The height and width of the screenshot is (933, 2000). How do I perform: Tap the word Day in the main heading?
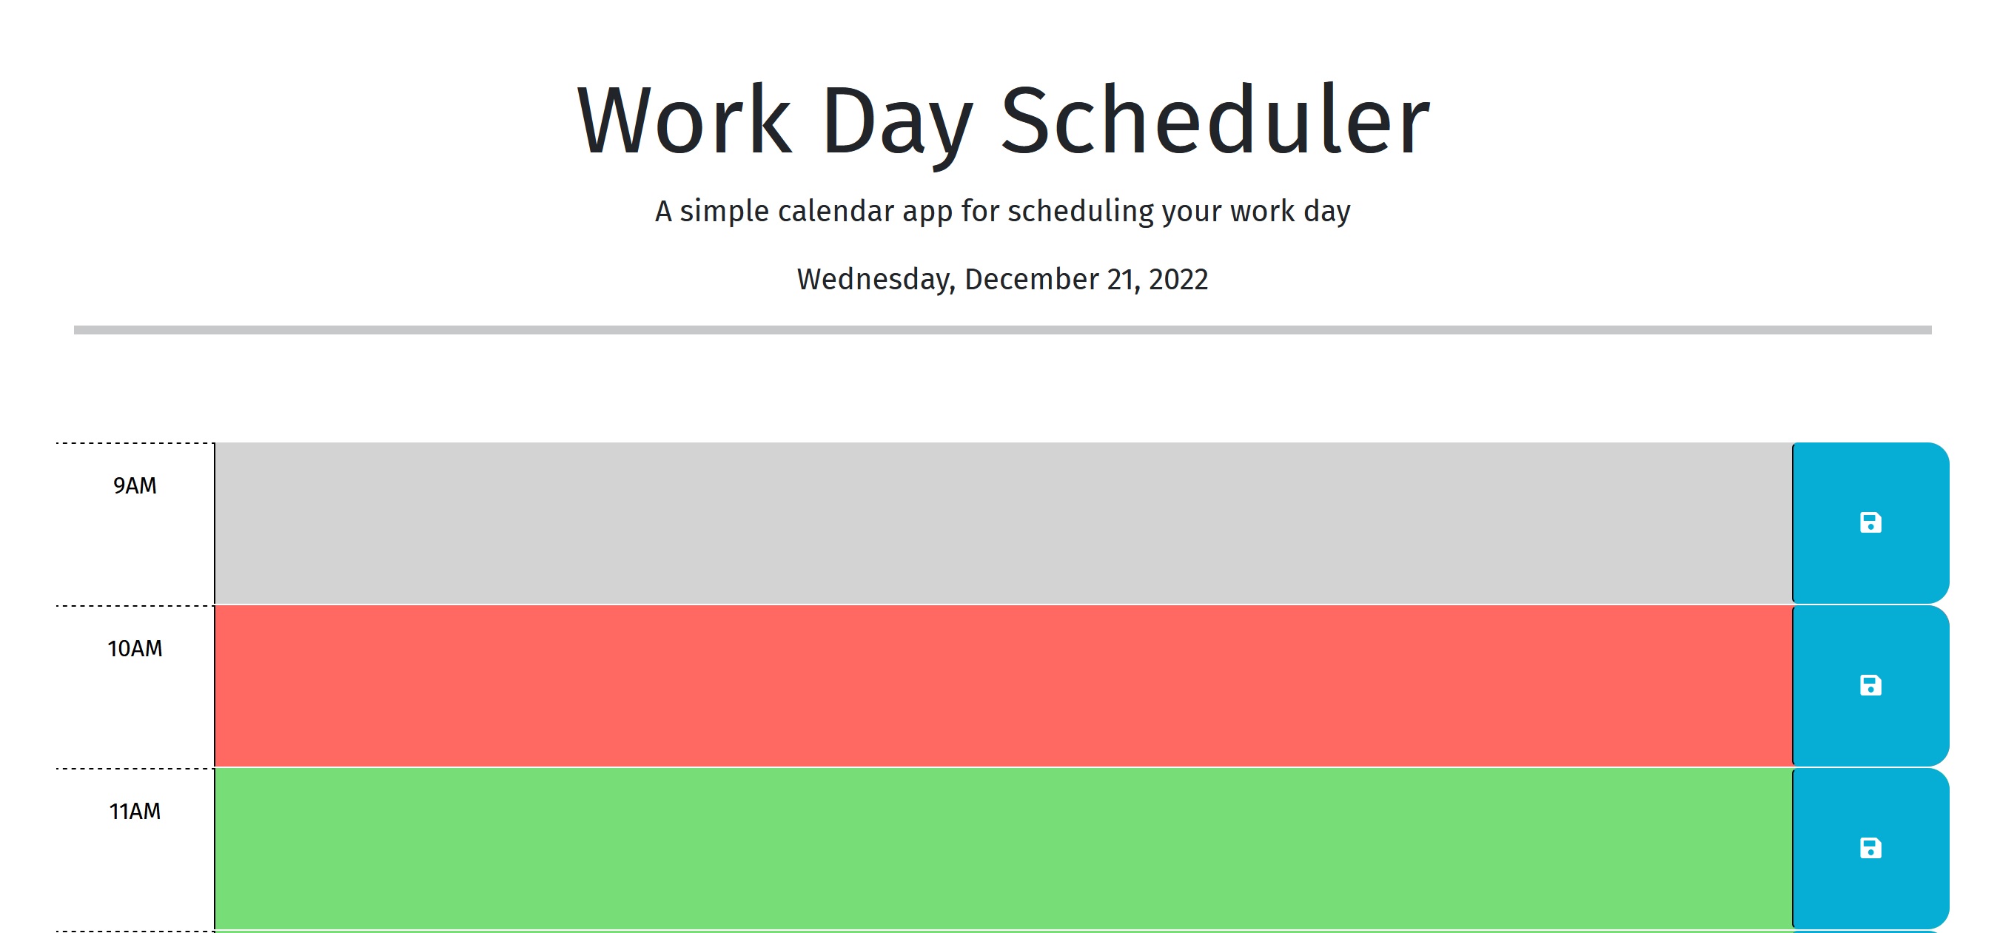coord(896,125)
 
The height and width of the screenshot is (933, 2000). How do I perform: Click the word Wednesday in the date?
coord(876,280)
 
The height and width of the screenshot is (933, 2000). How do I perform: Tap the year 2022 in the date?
coord(1178,280)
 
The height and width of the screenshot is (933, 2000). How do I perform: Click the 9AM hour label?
coord(135,486)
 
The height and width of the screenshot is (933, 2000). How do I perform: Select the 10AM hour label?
coord(135,649)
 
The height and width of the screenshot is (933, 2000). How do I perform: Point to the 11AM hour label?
coord(135,812)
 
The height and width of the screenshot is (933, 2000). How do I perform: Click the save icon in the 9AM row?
coord(1870,522)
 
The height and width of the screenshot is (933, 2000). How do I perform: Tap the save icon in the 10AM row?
coord(1870,685)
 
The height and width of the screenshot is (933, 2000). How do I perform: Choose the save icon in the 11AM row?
coord(1870,849)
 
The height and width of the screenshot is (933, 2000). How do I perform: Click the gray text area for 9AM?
coord(1003,523)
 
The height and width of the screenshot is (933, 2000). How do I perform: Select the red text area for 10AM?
coord(1003,686)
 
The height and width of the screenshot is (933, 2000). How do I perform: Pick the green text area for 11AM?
coord(1003,849)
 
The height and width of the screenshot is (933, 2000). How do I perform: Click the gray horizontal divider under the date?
coord(1002,330)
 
